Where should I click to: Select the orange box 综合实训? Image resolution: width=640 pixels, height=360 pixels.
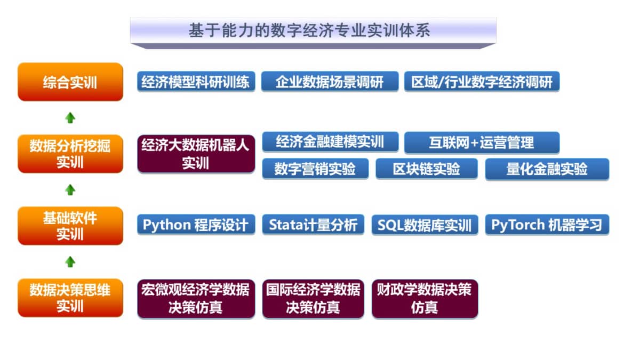click(x=70, y=82)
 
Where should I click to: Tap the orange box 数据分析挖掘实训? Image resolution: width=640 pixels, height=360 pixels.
click(x=70, y=154)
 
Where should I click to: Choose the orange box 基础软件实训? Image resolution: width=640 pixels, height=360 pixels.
click(x=70, y=226)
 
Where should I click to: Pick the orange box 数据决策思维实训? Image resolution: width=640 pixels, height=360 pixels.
click(x=70, y=298)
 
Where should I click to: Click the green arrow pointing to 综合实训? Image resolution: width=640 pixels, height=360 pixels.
click(x=70, y=118)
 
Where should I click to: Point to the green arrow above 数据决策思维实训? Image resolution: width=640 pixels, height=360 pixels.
click(x=70, y=262)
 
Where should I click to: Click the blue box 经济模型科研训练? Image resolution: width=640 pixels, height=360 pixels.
click(x=196, y=82)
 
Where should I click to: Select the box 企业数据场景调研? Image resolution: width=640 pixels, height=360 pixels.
click(x=330, y=82)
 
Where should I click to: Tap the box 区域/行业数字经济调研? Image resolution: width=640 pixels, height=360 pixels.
click(x=482, y=82)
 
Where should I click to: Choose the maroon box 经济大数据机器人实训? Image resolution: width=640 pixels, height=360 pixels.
click(x=196, y=154)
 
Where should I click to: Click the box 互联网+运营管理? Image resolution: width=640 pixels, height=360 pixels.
click(x=482, y=142)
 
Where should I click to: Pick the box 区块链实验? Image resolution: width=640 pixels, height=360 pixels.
click(x=427, y=169)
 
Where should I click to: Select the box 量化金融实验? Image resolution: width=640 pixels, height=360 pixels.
click(x=547, y=169)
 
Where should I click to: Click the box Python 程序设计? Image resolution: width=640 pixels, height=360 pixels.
click(x=196, y=225)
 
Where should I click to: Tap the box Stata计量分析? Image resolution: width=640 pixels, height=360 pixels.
click(x=313, y=225)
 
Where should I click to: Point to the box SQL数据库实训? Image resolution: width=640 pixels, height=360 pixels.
click(x=425, y=225)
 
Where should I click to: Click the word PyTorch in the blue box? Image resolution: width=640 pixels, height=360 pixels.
click(x=518, y=225)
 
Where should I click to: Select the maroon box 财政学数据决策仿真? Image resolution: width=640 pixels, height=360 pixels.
click(x=425, y=299)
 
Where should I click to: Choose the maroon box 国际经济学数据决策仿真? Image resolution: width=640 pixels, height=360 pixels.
click(x=313, y=299)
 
